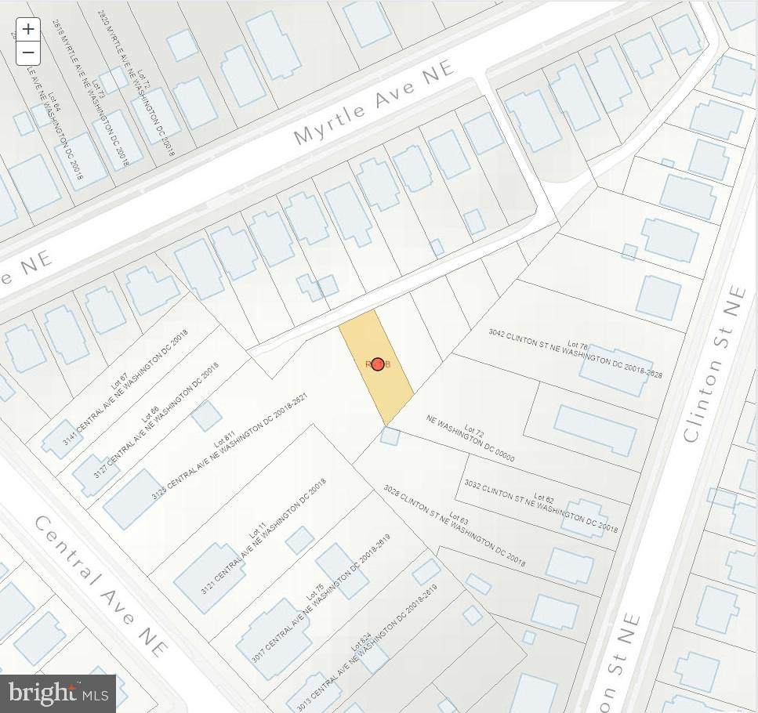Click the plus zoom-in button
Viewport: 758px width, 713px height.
click(28, 30)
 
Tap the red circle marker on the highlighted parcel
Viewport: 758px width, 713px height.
click(378, 364)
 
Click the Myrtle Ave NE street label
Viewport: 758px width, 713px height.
click(374, 103)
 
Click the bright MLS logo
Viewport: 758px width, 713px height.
click(59, 693)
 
